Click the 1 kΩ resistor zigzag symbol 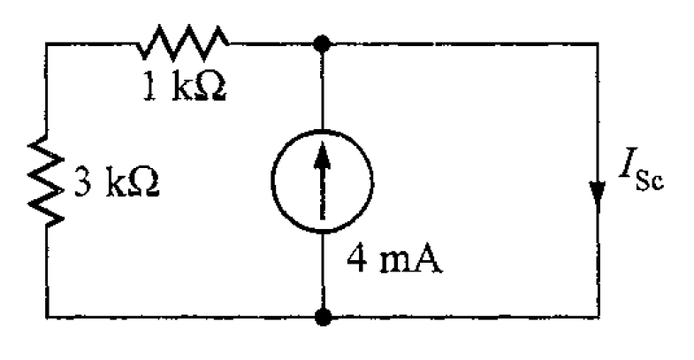pos(185,39)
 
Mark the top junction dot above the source pos(324,41)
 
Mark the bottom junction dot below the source pos(324,315)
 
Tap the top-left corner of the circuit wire pos(48,41)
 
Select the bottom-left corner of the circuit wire pos(48,315)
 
